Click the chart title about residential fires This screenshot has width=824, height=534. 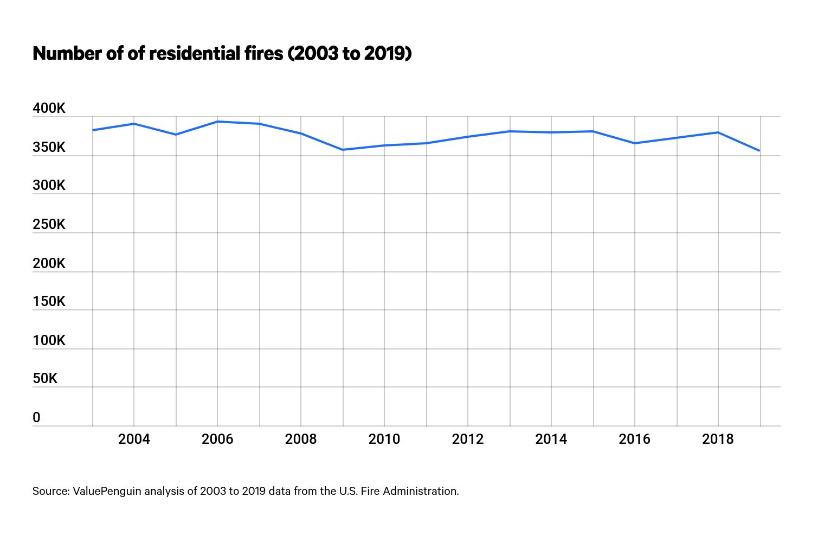pos(222,54)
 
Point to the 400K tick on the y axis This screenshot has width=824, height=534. pos(49,109)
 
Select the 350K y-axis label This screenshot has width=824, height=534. pos(49,148)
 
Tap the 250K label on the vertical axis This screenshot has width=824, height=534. pos(49,225)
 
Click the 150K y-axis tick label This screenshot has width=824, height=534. pos(49,302)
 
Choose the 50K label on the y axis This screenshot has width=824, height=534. pos(45,379)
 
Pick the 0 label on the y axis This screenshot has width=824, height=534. pos(36,418)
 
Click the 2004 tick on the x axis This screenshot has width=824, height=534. pos(134,439)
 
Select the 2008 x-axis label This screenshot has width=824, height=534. pos(301,439)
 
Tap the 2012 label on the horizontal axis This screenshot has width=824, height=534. pos(468,439)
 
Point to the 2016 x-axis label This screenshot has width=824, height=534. pos(634,439)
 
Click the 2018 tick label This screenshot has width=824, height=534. pos(718,439)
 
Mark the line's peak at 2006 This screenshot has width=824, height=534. pos(217,122)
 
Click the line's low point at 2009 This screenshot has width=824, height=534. pos(343,150)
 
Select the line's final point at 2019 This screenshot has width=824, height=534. pos(759,151)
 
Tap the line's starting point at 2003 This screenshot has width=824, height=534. pos(93,130)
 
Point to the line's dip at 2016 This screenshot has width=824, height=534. pos(634,143)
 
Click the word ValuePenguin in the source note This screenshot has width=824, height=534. pos(107,491)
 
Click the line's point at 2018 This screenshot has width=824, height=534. pos(718,132)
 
